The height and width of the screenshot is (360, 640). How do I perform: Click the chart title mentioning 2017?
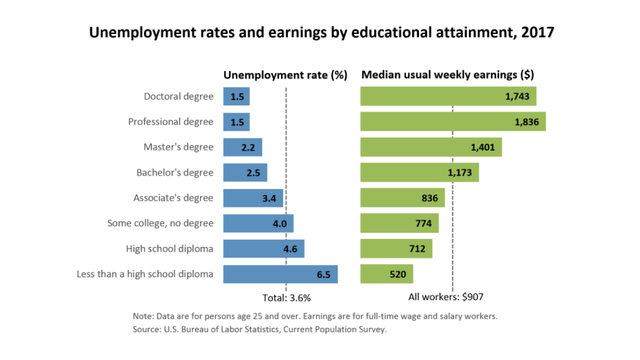point(321,32)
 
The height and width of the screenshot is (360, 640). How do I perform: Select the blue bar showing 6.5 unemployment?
point(280,274)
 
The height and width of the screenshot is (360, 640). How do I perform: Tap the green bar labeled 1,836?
point(452,122)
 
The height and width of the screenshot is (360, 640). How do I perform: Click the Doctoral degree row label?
point(179,96)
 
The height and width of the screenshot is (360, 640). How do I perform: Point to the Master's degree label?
point(179,147)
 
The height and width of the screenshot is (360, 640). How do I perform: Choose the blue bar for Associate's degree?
point(253,198)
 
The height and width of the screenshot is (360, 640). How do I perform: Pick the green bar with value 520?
point(386,274)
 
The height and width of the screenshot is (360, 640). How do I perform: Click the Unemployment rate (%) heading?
point(285,75)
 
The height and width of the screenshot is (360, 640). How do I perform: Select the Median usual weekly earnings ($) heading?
point(447,75)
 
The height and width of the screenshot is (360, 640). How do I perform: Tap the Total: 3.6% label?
point(287,297)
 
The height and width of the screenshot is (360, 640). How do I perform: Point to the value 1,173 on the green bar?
point(460,173)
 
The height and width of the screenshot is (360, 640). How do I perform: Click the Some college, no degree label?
point(160,224)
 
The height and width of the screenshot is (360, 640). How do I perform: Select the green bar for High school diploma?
point(396,249)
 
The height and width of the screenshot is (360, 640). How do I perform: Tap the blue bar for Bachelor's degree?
point(245,173)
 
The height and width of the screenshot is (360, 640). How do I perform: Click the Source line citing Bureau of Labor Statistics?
point(259,329)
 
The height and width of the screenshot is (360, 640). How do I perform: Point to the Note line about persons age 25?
point(315,316)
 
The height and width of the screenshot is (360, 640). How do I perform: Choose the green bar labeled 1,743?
point(448,96)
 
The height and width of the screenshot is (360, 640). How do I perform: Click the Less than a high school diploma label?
point(145,274)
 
